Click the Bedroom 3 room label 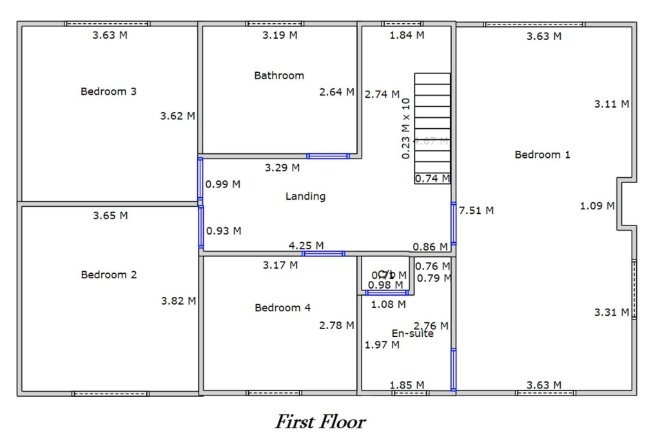(x=108, y=91)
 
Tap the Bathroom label (x=279, y=75)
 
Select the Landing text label (x=306, y=196)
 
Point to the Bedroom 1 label (x=542, y=155)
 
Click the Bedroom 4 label (x=282, y=308)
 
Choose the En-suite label (x=412, y=334)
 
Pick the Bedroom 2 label (x=108, y=275)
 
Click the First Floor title (x=320, y=422)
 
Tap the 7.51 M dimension (x=476, y=210)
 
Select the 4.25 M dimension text (x=306, y=245)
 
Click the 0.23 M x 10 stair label (x=405, y=128)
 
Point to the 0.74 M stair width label (x=432, y=178)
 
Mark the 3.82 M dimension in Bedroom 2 (x=178, y=301)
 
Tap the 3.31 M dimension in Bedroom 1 (x=612, y=312)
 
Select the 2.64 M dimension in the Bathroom (x=336, y=92)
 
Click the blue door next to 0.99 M (x=200, y=178)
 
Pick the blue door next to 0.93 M (x=201, y=227)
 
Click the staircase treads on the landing (x=432, y=122)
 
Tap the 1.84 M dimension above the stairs (x=407, y=35)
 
